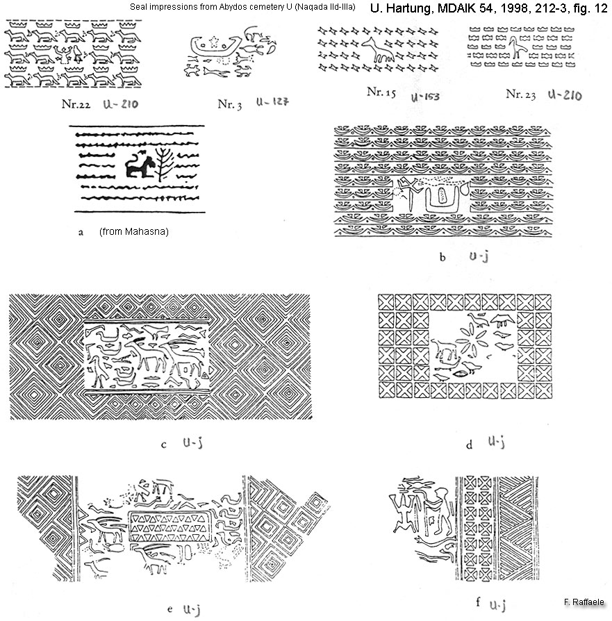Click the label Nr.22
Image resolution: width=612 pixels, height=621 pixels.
point(76,104)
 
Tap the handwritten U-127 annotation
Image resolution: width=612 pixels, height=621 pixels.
point(272,102)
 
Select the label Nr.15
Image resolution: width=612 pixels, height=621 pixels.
point(381,92)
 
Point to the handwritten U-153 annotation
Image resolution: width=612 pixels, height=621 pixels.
point(425,97)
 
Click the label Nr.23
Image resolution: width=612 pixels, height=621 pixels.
point(520,94)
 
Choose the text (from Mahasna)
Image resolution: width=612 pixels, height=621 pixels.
point(134,232)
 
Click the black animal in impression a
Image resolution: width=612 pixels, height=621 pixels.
point(140,165)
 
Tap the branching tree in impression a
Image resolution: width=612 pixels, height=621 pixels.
point(163,164)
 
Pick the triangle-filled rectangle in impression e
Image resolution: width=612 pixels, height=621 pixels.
point(169,527)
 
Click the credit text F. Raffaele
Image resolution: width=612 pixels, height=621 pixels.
point(584,602)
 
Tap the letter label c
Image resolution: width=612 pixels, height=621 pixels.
point(164,445)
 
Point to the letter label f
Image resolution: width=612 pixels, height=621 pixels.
point(478,602)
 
